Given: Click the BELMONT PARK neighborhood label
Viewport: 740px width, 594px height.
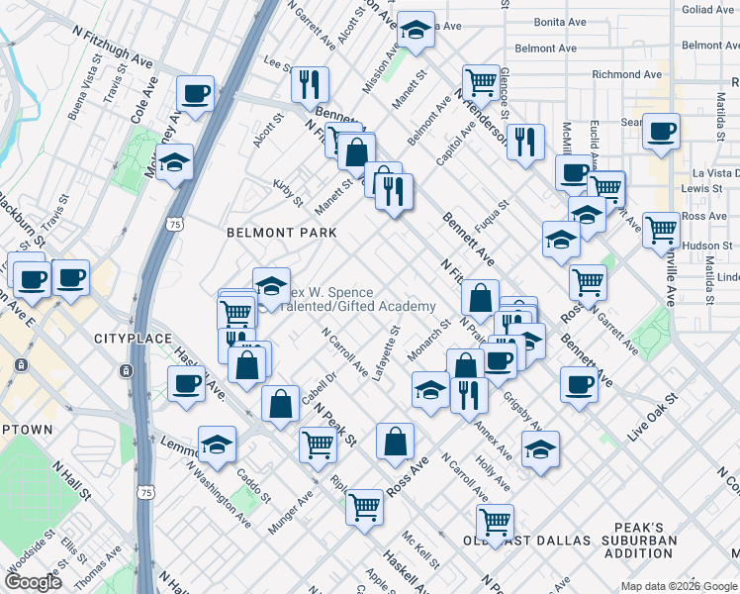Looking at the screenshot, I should tap(282, 233).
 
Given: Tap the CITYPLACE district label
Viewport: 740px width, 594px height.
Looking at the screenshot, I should tap(128, 339).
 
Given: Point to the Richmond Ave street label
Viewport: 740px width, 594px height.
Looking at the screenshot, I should tap(626, 74).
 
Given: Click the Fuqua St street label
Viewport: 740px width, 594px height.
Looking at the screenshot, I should tap(490, 215).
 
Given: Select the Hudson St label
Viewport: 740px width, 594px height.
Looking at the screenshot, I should tap(706, 245).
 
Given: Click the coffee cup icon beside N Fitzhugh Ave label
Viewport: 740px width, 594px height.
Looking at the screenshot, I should tap(195, 94).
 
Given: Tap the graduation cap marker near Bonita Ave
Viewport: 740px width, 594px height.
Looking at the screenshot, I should tap(416, 31).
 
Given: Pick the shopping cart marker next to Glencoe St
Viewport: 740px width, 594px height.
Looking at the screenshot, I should tap(481, 80).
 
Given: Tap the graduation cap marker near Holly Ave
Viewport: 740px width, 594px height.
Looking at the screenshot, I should tap(540, 448).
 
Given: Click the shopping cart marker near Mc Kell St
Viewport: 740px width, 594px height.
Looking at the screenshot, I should tap(365, 507).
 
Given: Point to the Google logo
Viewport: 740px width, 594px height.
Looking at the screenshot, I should tap(34, 582).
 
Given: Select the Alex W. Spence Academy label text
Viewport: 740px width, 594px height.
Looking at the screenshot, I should tap(356, 299).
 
